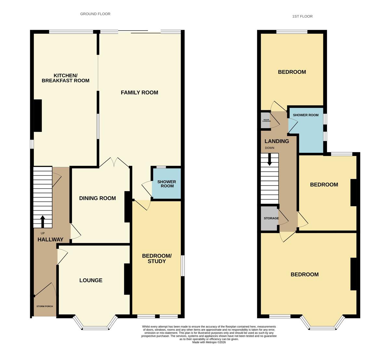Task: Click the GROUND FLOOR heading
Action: click(95, 14)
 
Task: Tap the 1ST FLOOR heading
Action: click(302, 16)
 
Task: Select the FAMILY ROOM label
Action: click(139, 93)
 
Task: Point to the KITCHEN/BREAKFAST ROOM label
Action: click(66, 78)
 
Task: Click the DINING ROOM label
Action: click(97, 198)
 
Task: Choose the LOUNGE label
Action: click(91, 280)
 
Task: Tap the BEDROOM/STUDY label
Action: click(157, 259)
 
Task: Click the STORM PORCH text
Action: click(45, 306)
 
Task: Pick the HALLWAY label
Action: click(50, 240)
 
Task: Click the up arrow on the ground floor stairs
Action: click(43, 221)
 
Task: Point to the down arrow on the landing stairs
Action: click(269, 159)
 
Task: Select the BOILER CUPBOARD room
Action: click(265, 120)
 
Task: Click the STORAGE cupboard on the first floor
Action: click(269, 218)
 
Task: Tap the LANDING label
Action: click(277, 141)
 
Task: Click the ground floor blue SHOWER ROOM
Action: click(167, 183)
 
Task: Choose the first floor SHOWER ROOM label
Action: click(305, 115)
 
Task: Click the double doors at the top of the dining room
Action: click(114, 163)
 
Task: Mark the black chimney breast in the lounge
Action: click(127, 279)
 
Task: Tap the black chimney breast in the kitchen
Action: click(38, 115)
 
